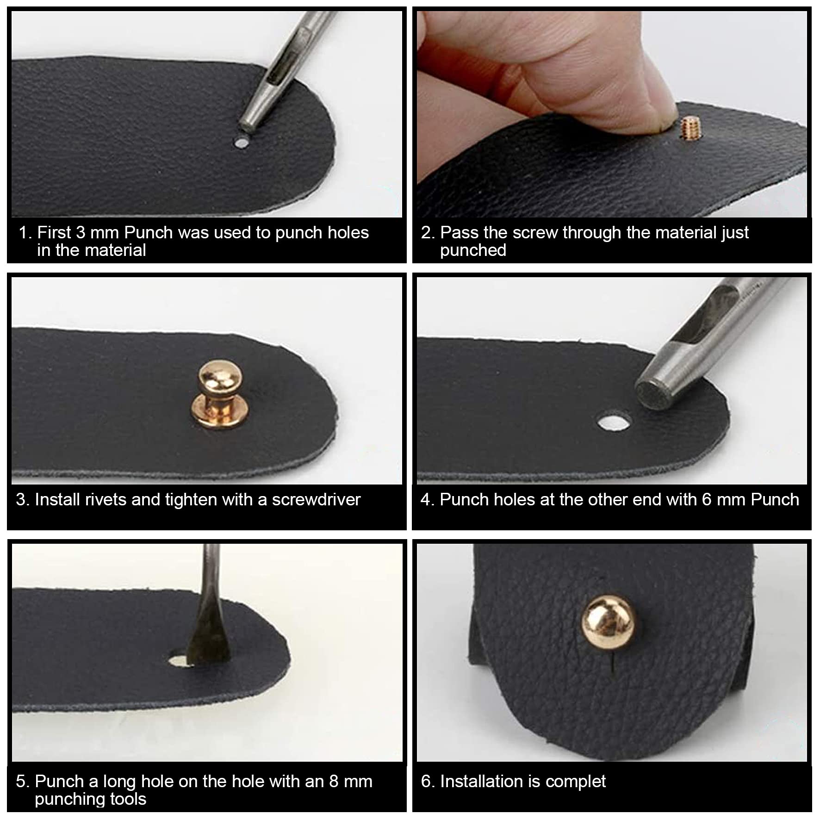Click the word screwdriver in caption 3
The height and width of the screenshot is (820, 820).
[x=316, y=500]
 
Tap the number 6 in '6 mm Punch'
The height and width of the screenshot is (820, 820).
[x=706, y=500]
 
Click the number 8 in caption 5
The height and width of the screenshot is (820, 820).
[x=334, y=782]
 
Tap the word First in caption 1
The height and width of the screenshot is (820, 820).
[x=54, y=233]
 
